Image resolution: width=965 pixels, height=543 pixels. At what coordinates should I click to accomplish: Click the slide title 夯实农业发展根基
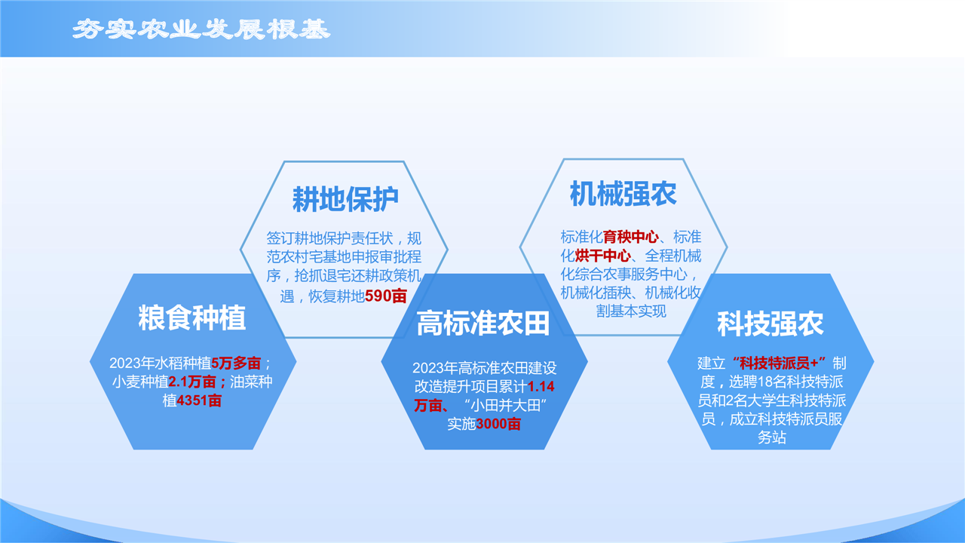(201, 29)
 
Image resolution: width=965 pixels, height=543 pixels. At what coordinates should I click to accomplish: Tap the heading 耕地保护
(345, 199)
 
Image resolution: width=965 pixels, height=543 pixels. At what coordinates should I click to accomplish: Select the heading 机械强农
(623, 194)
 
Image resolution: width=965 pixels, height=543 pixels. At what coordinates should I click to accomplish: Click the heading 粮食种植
(192, 318)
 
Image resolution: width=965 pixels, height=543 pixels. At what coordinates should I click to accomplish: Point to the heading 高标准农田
(483, 323)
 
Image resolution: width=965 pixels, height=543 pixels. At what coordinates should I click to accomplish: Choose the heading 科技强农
(770, 324)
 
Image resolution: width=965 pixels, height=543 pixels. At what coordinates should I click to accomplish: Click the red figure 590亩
(386, 296)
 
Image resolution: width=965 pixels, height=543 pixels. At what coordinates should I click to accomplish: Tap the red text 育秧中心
(631, 237)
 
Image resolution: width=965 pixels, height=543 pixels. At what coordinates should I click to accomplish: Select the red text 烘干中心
(602, 256)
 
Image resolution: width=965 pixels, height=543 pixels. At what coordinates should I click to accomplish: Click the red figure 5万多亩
(236, 364)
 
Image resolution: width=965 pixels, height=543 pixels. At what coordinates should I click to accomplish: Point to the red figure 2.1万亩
(192, 382)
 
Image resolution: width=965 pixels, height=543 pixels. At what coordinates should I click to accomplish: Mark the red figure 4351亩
(199, 400)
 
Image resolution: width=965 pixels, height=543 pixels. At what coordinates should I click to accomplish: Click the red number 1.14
(541, 387)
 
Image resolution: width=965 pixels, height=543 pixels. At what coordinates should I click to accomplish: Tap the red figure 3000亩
(498, 424)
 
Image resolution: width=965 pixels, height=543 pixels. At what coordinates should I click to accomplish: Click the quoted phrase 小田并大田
(505, 406)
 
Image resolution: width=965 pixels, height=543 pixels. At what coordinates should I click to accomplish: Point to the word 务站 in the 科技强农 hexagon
(771, 438)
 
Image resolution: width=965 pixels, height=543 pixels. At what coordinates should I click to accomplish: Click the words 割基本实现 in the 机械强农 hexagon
(631, 311)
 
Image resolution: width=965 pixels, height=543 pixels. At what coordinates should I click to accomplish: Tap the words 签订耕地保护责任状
(329, 238)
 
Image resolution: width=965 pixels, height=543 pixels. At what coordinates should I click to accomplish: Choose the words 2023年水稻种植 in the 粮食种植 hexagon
(161, 364)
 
